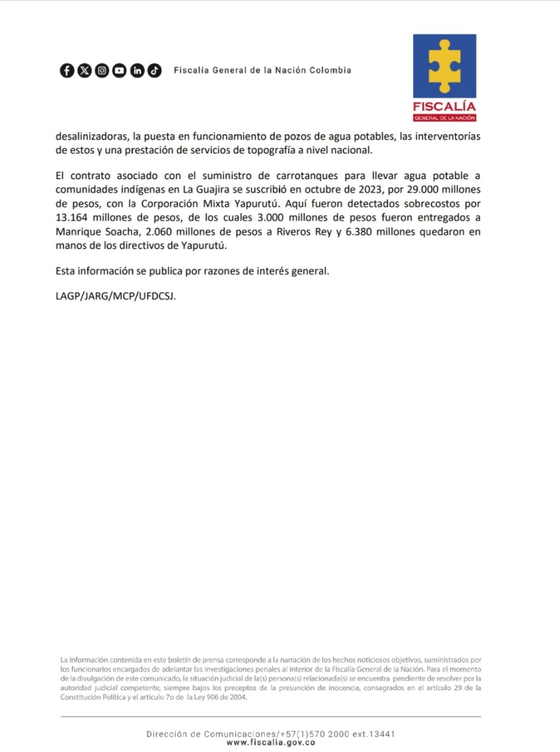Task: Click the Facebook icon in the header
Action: click(66, 70)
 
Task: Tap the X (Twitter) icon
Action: click(84, 70)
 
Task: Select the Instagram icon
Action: click(101, 70)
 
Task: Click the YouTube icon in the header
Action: click(119, 70)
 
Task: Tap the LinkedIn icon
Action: click(137, 70)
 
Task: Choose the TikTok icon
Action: click(154, 70)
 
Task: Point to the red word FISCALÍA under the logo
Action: click(444, 107)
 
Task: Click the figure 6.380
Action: click(373, 231)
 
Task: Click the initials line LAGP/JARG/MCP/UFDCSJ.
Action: click(116, 297)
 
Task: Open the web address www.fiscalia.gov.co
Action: click(271, 742)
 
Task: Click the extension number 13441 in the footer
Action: click(381, 734)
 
